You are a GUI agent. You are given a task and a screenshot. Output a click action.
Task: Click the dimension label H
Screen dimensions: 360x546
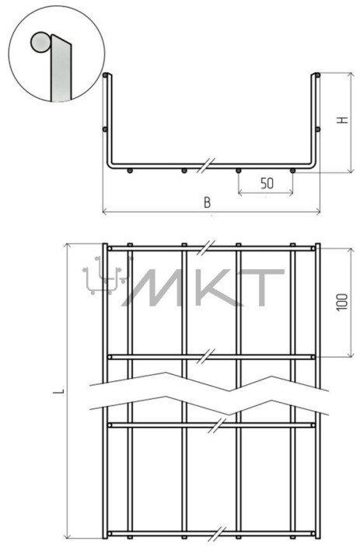[x=343, y=120]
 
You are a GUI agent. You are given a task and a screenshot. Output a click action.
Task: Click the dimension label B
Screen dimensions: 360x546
[x=207, y=202]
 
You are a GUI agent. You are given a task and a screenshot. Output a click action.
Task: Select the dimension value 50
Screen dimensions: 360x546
[x=267, y=184]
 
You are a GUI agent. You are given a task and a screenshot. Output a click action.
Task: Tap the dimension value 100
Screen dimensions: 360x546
[x=343, y=303]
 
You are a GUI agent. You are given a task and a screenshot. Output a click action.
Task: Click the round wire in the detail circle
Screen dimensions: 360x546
[x=40, y=43]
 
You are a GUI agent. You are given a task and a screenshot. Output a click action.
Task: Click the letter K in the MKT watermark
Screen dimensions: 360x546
[x=211, y=288]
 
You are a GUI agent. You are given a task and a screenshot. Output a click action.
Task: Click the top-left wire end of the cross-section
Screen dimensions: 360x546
[x=105, y=75]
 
